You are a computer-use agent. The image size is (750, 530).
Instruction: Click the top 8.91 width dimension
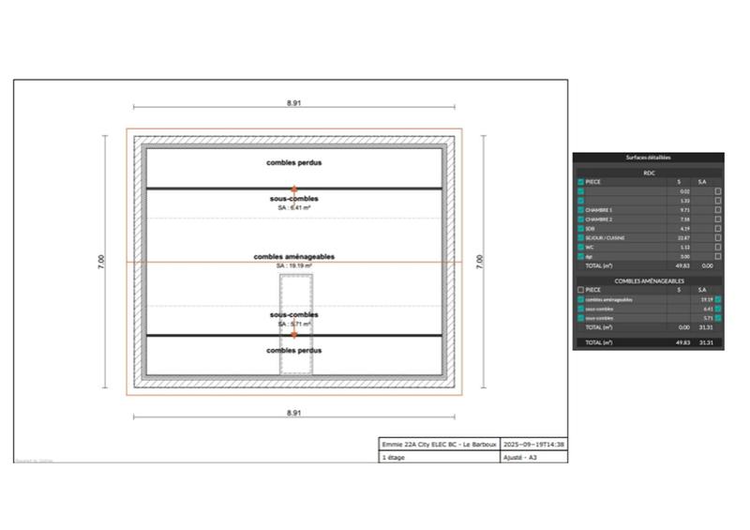[293, 102]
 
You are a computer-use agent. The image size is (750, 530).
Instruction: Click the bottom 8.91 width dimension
[293, 412]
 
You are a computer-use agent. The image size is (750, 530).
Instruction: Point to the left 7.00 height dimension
[101, 262]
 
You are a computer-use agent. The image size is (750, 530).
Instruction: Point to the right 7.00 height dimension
[479, 262]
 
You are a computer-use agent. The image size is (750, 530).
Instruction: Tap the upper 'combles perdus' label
[293, 162]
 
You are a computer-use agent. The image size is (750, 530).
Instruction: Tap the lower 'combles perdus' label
[293, 350]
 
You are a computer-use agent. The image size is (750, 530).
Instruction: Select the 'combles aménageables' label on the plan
[293, 256]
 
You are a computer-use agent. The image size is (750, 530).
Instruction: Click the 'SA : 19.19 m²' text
[293, 265]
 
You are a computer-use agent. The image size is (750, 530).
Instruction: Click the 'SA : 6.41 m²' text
[293, 207]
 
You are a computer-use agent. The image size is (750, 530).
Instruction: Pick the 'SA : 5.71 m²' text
[293, 324]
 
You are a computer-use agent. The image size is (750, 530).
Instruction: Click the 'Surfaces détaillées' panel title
[648, 158]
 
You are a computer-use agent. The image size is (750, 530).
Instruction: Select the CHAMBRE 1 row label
[599, 210]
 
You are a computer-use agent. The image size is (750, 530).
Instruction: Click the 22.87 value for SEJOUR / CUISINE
[683, 237]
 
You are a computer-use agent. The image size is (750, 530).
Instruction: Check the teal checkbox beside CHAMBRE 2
[581, 220]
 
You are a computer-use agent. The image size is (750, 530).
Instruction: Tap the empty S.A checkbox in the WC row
[718, 247]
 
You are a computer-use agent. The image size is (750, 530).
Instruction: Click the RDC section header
[648, 173]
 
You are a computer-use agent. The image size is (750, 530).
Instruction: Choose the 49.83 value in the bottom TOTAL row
[682, 343]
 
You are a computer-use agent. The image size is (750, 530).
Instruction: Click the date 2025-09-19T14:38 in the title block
[533, 444]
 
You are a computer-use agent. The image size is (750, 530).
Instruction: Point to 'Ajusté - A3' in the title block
[520, 457]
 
